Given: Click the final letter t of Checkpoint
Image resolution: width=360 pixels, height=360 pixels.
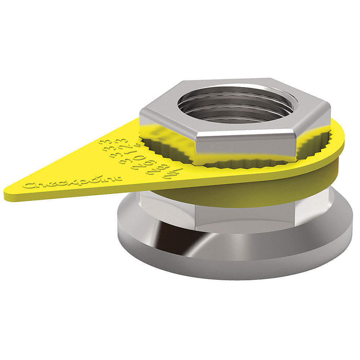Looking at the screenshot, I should tap(119, 177).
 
